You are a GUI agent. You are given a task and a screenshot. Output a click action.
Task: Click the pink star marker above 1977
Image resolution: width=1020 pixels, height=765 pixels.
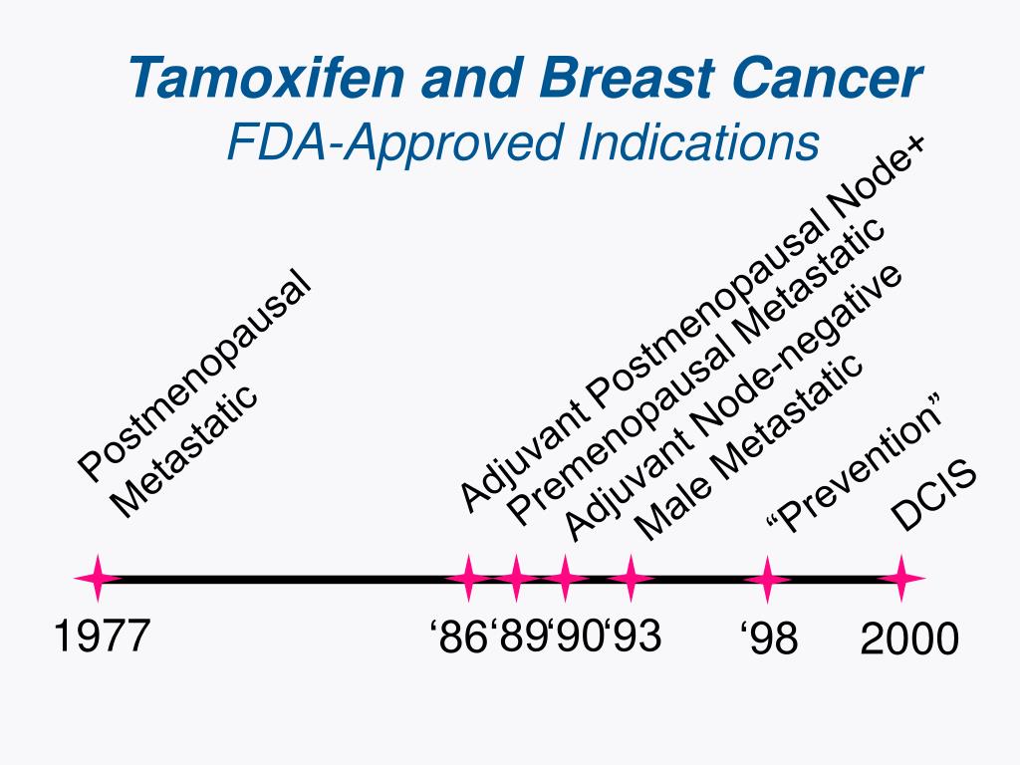pos(98,579)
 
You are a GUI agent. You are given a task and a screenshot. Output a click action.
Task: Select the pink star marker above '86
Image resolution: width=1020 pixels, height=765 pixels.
pos(467,579)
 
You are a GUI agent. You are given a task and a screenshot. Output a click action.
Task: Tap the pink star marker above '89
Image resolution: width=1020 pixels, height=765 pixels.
pos(516,579)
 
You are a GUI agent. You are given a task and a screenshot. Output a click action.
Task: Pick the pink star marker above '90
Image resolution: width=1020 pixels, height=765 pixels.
pos(566,579)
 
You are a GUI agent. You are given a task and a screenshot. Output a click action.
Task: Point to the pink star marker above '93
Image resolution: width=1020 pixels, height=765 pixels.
pos(631,579)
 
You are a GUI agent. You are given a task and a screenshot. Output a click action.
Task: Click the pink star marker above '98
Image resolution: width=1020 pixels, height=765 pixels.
pos(767,579)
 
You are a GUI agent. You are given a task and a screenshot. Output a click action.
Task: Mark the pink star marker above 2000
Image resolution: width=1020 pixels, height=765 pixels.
pos(901,579)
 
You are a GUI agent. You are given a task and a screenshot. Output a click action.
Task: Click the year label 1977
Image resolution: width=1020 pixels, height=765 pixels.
pos(101,637)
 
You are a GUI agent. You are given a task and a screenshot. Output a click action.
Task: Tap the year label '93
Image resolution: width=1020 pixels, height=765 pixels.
pos(633,637)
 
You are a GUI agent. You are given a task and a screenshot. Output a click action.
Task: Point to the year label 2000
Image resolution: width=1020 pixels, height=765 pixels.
pos(909,638)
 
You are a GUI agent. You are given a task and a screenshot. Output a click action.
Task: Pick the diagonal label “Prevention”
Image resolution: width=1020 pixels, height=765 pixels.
pos(856,468)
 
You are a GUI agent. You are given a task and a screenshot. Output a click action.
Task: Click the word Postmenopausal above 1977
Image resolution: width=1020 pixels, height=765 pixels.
pos(195,375)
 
